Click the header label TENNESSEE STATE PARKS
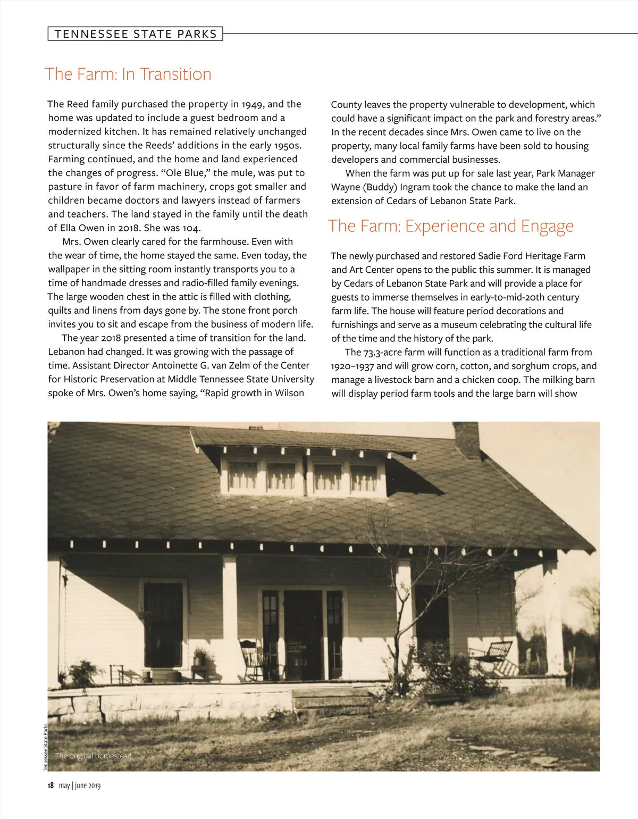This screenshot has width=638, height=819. [x=136, y=34]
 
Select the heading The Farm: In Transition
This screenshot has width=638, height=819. [x=128, y=74]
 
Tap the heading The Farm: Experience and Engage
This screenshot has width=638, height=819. [x=451, y=226]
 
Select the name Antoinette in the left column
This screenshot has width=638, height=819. [x=177, y=365]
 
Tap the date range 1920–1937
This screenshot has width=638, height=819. [x=352, y=366]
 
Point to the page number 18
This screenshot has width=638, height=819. [x=51, y=785]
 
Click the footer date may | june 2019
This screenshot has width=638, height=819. [x=80, y=785]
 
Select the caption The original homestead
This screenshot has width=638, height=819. [x=94, y=756]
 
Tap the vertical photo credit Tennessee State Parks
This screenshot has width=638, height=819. [x=46, y=747]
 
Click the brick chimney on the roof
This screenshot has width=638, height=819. [x=466, y=440]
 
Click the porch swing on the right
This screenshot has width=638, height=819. [x=492, y=654]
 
